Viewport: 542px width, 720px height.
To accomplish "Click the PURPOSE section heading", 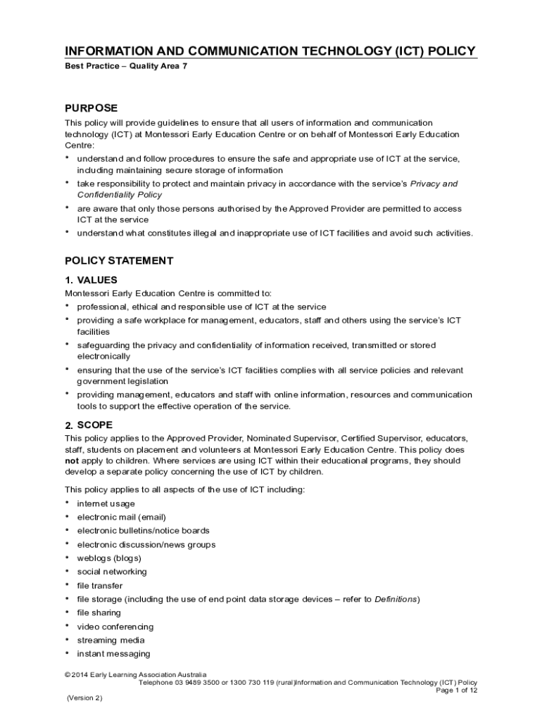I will (91, 108).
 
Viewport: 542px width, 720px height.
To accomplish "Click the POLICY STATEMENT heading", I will (119, 260).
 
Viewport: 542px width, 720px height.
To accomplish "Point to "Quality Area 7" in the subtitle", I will (158, 66).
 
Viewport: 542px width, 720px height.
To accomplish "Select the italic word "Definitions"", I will (396, 599).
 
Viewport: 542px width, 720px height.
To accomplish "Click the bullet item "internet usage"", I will (106, 503).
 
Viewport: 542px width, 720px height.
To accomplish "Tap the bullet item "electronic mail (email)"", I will (121, 517).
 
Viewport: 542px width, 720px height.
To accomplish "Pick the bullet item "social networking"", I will (112, 572).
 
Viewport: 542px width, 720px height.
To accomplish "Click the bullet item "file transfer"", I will (99, 585).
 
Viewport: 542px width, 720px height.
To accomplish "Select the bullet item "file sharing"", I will (99, 612).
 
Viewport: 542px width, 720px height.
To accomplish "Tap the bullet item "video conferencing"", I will (115, 626).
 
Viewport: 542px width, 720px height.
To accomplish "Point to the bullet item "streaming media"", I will (111, 640).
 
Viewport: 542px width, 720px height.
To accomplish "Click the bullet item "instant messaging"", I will (113, 654).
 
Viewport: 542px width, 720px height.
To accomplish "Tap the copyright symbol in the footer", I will (68, 674).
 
